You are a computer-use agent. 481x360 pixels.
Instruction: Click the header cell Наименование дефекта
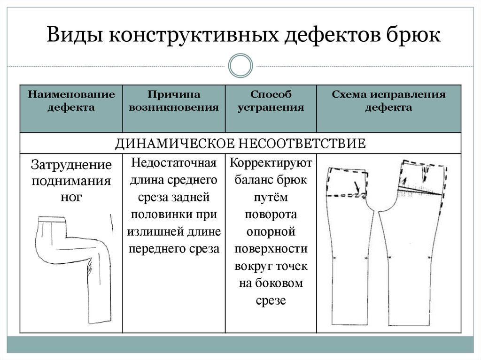pyautogui.click(x=71, y=101)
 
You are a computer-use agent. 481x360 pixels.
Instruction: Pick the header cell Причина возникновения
pyautogui.click(x=174, y=101)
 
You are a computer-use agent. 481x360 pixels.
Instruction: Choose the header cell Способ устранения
pyautogui.click(x=271, y=101)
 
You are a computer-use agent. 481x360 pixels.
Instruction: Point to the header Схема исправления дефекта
pyautogui.click(x=388, y=101)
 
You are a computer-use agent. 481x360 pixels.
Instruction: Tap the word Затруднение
pyautogui.click(x=71, y=165)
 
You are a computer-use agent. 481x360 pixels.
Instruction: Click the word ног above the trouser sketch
pyautogui.click(x=71, y=197)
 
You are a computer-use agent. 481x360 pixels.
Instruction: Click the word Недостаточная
pyautogui.click(x=174, y=163)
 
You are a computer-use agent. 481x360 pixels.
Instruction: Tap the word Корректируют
pyautogui.click(x=271, y=163)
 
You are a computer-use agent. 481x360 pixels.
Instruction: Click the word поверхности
pyautogui.click(x=271, y=249)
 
